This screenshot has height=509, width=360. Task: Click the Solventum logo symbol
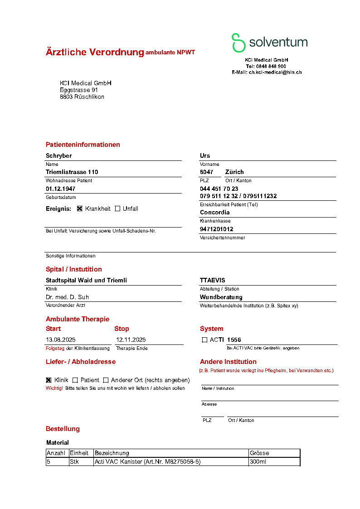(x=238, y=43)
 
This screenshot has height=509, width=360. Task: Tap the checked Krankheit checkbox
(x=80, y=208)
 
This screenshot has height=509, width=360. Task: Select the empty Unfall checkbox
(x=117, y=208)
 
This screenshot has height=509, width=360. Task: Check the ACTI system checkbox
(x=204, y=339)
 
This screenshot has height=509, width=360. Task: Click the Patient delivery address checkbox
(x=75, y=380)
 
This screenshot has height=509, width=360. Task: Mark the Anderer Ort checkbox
(x=106, y=380)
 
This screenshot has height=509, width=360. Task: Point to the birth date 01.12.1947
(x=61, y=189)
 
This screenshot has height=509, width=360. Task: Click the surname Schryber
(x=59, y=155)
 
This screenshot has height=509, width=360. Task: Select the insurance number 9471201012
(x=217, y=229)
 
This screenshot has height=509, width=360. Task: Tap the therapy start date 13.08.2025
(x=61, y=339)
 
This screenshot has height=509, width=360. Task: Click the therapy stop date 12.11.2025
(x=131, y=339)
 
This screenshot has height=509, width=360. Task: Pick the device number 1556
(x=234, y=339)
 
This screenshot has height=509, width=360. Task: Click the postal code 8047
(x=206, y=172)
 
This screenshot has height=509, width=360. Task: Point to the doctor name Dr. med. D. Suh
(x=67, y=297)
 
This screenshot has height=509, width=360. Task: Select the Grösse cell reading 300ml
(x=258, y=462)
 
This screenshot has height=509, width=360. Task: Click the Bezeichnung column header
(x=112, y=453)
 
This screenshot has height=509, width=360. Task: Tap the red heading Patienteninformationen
(x=83, y=145)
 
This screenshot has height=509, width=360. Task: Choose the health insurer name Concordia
(x=215, y=212)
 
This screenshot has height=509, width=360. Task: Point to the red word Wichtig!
(x=54, y=388)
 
